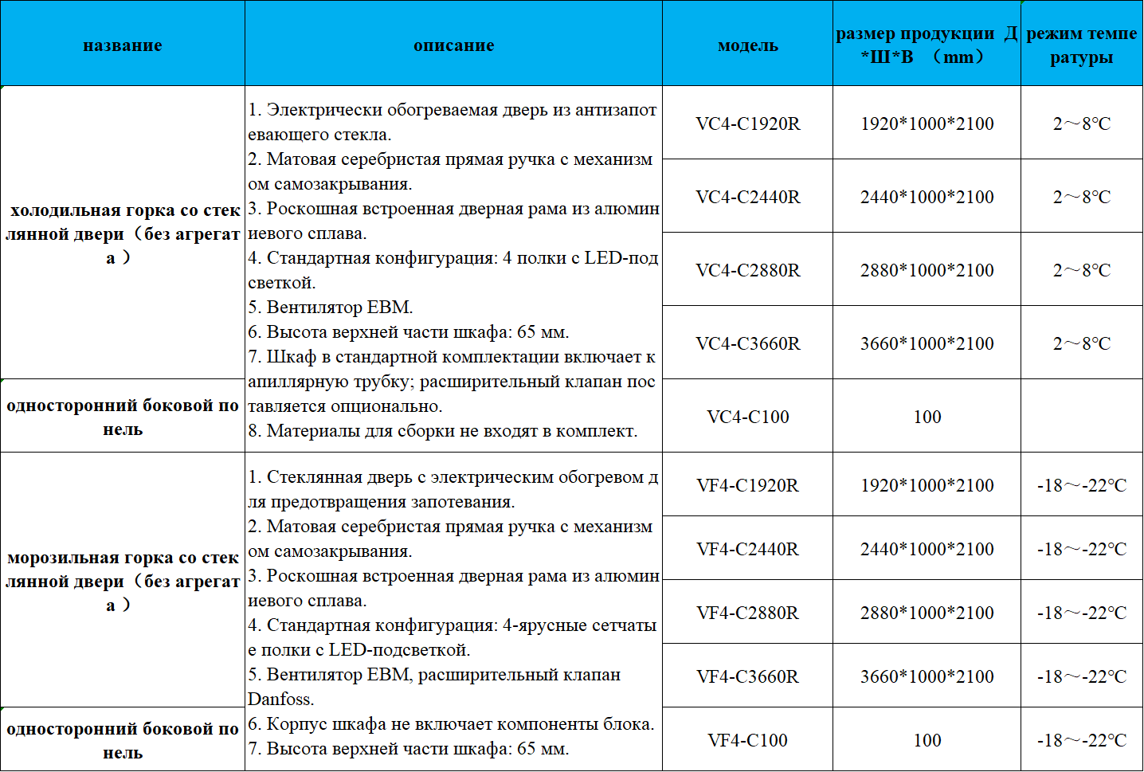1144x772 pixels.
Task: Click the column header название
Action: coord(123,45)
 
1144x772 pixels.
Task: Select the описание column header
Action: coord(453,45)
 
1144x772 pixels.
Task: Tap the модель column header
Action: coord(747,45)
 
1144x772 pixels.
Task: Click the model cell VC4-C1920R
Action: coord(747,123)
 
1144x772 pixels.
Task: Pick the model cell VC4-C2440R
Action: coord(747,197)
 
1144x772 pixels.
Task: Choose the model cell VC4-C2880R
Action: coord(747,270)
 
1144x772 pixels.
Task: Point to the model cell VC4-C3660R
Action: coord(747,343)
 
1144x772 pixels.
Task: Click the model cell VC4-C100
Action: coord(747,417)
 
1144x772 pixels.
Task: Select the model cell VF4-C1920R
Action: coord(747,485)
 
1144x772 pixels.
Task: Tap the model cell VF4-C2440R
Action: coord(747,549)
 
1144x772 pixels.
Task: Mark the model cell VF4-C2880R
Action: coord(747,613)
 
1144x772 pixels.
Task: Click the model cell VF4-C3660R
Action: coord(747,676)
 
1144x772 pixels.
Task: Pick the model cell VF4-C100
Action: coord(747,740)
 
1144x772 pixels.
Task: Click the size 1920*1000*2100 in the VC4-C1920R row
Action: coord(927,123)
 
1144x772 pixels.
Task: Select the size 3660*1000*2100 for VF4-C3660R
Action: coord(927,676)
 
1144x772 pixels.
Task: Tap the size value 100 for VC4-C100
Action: coord(927,417)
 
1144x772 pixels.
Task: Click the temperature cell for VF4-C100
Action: coord(1081,740)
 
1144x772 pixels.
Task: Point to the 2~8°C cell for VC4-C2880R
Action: coord(1081,270)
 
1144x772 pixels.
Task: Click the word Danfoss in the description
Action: coord(280,700)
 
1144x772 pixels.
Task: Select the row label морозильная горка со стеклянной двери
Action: coord(123,581)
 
